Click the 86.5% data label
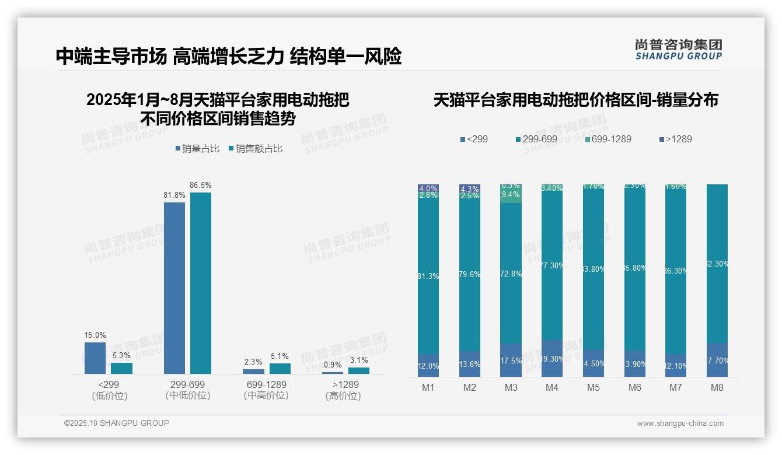[x=200, y=185]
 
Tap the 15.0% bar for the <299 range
[x=95, y=358]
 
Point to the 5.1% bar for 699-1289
[x=280, y=368]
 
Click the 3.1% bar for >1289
[x=359, y=370]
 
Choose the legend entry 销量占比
[x=197, y=149]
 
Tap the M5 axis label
[x=594, y=388]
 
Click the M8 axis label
[x=717, y=388]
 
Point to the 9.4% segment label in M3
[x=511, y=195]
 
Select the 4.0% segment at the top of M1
[x=428, y=188]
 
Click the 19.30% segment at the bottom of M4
[x=552, y=358]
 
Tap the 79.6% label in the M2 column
[x=469, y=274]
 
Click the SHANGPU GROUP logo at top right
[x=678, y=50]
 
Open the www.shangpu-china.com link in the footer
[x=680, y=423]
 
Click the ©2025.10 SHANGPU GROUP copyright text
[x=117, y=423]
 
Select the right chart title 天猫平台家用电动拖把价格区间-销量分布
[x=575, y=100]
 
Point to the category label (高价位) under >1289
[x=343, y=396]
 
